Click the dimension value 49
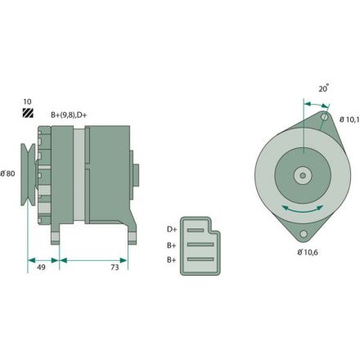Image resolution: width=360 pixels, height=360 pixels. (x=41, y=266)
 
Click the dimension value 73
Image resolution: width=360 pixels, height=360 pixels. (x=115, y=266)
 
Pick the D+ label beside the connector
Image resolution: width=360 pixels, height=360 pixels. (x=172, y=229)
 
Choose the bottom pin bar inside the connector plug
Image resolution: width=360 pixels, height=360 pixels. (x=199, y=259)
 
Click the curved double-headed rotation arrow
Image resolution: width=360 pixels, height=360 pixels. (x=302, y=209)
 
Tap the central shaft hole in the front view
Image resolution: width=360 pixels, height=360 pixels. (x=303, y=174)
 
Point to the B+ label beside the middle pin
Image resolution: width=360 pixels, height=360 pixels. (x=172, y=244)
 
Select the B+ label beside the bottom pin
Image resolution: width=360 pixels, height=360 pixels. (x=172, y=259)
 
